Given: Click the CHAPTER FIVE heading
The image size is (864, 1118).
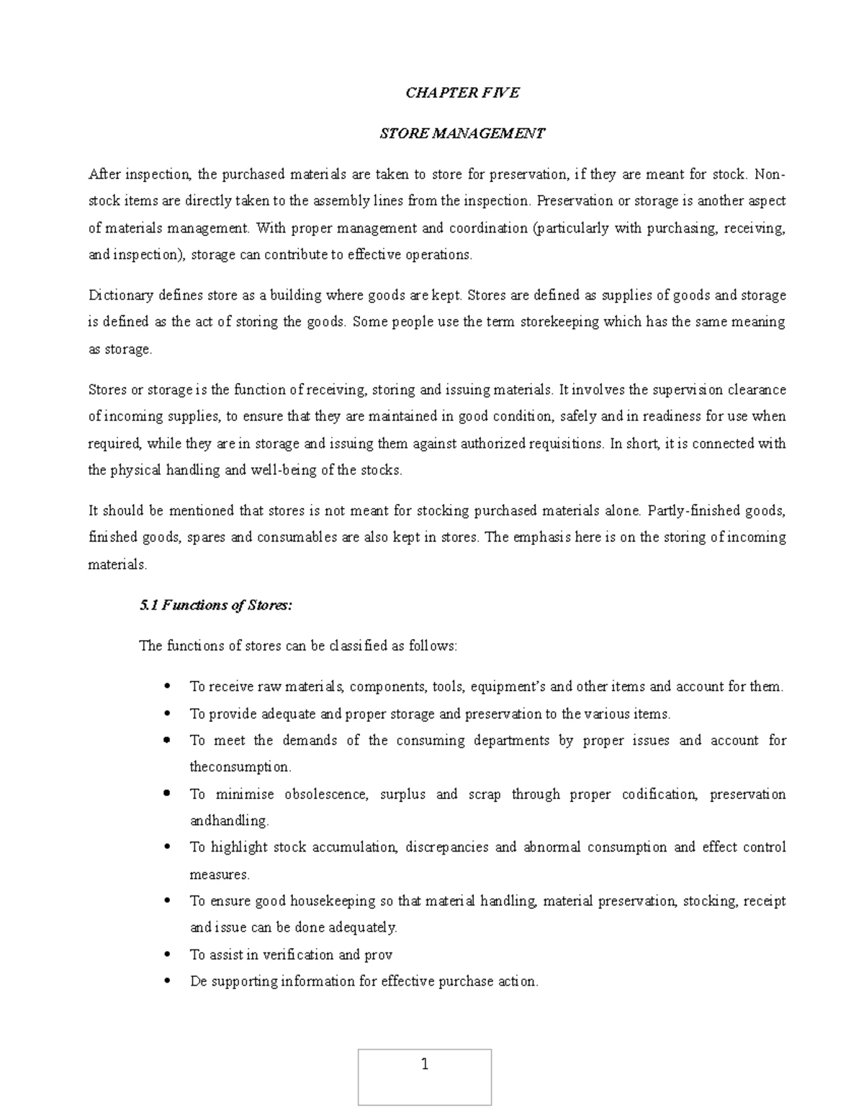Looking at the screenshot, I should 462,93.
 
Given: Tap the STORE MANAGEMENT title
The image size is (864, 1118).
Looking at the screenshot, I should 462,133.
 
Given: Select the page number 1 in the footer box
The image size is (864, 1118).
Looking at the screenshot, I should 424,1065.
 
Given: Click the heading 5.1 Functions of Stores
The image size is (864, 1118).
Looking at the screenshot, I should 215,605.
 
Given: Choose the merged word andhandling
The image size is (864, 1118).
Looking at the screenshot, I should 229,821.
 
